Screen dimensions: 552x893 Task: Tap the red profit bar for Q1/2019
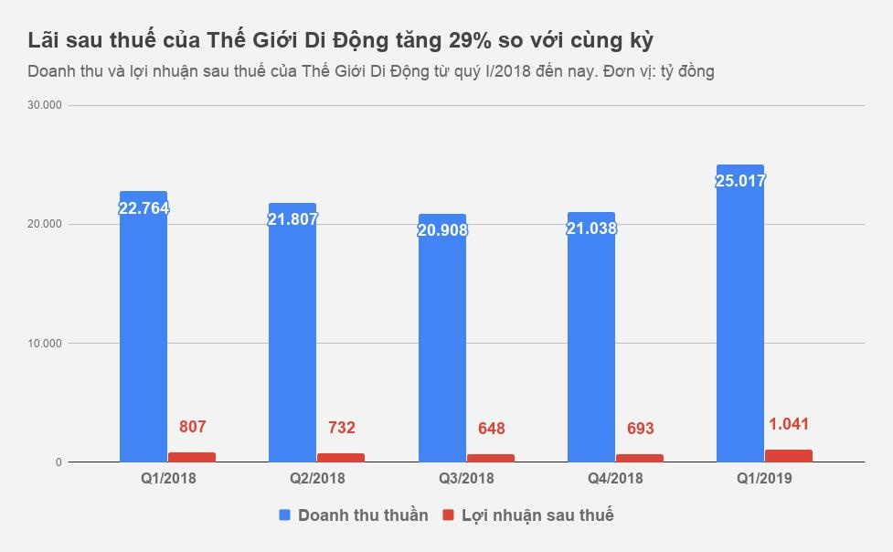click(789, 456)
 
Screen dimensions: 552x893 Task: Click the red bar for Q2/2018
click(341, 457)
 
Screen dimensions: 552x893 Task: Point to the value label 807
click(193, 426)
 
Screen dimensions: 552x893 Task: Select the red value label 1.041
click(789, 424)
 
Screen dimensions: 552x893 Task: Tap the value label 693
click(640, 428)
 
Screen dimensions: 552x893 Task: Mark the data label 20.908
click(442, 229)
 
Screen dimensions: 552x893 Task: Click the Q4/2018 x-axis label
click(615, 478)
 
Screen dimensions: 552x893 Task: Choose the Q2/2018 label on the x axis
click(317, 478)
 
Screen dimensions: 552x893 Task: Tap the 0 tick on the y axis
click(58, 462)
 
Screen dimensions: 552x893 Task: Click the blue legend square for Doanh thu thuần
click(285, 515)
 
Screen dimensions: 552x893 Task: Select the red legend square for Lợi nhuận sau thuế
click(448, 515)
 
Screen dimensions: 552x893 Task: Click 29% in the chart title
click(473, 41)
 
